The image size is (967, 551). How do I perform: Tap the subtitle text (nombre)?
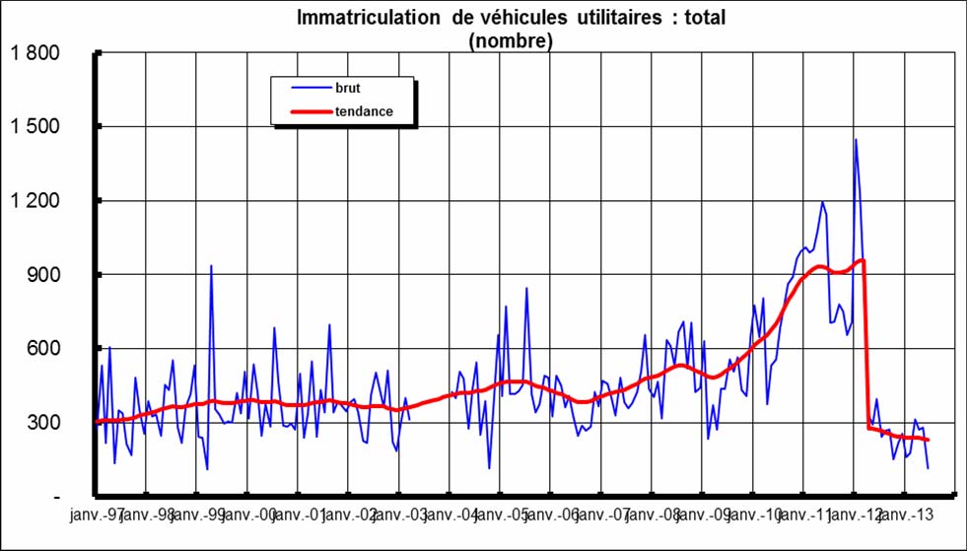tap(510, 40)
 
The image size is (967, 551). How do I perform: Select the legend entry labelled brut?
tap(348, 89)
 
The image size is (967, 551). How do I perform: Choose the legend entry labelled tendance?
tap(364, 111)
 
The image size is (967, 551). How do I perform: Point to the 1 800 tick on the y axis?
tap(35, 53)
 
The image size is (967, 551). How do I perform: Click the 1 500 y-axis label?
tap(35, 127)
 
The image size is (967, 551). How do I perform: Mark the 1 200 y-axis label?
tap(35, 201)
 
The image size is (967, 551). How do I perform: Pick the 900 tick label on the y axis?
tap(44, 275)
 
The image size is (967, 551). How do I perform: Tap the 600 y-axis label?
tap(44, 349)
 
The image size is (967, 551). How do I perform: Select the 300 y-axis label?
tap(44, 423)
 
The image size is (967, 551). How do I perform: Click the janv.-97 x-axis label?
tap(96, 515)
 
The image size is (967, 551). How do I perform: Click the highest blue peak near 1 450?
tap(855, 140)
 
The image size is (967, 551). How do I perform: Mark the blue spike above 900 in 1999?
tap(210, 266)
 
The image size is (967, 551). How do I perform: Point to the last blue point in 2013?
tap(928, 468)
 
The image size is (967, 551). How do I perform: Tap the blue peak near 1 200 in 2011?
tap(822, 202)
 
